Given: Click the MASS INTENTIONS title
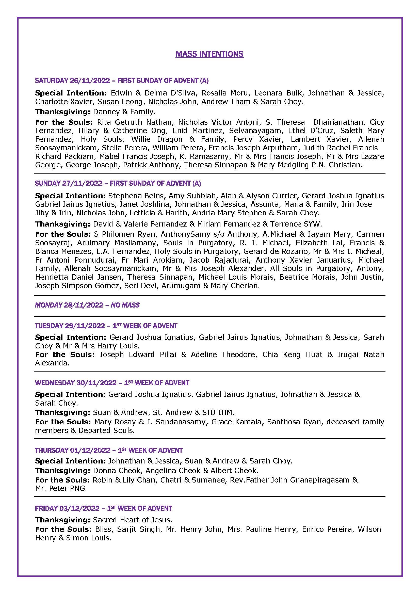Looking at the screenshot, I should (209, 54).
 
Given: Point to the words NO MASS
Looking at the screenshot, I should (125, 305).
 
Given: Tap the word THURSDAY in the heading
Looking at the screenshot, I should (52, 451).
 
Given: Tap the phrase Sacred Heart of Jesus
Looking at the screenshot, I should (132, 520).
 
